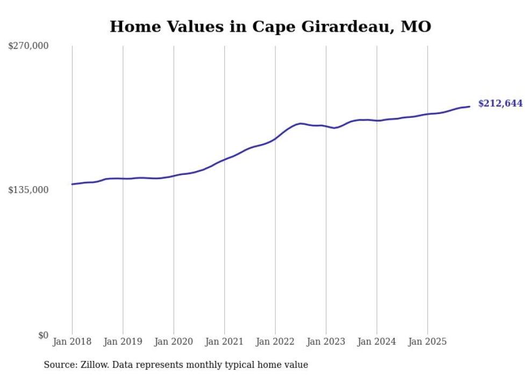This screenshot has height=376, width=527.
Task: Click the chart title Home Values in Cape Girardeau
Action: click(x=270, y=26)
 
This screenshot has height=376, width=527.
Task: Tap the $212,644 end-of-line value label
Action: click(x=500, y=103)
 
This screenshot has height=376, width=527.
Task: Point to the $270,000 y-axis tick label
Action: click(x=29, y=46)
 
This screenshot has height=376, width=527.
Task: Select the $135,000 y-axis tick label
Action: click(x=29, y=190)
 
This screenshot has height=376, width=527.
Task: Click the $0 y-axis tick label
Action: click(x=43, y=335)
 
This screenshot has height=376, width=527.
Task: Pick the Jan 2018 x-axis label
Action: click(x=72, y=342)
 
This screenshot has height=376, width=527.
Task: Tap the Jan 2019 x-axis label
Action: click(x=123, y=342)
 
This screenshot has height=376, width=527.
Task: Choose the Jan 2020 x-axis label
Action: click(x=174, y=342)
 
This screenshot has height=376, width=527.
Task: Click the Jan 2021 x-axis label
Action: click(x=225, y=342)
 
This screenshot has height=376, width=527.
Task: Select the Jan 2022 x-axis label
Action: click(x=275, y=342)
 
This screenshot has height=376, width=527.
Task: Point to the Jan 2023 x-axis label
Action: click(x=326, y=342)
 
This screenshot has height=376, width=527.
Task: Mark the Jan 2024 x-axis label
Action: click(x=377, y=342)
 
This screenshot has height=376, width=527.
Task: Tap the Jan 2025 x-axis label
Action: click(x=428, y=342)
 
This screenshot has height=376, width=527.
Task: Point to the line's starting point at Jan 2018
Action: click(x=72, y=184)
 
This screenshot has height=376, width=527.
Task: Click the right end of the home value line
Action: click(x=469, y=107)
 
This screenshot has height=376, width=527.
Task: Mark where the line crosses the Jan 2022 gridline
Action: click(x=275, y=138)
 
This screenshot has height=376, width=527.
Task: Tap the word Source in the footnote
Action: click(x=59, y=365)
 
